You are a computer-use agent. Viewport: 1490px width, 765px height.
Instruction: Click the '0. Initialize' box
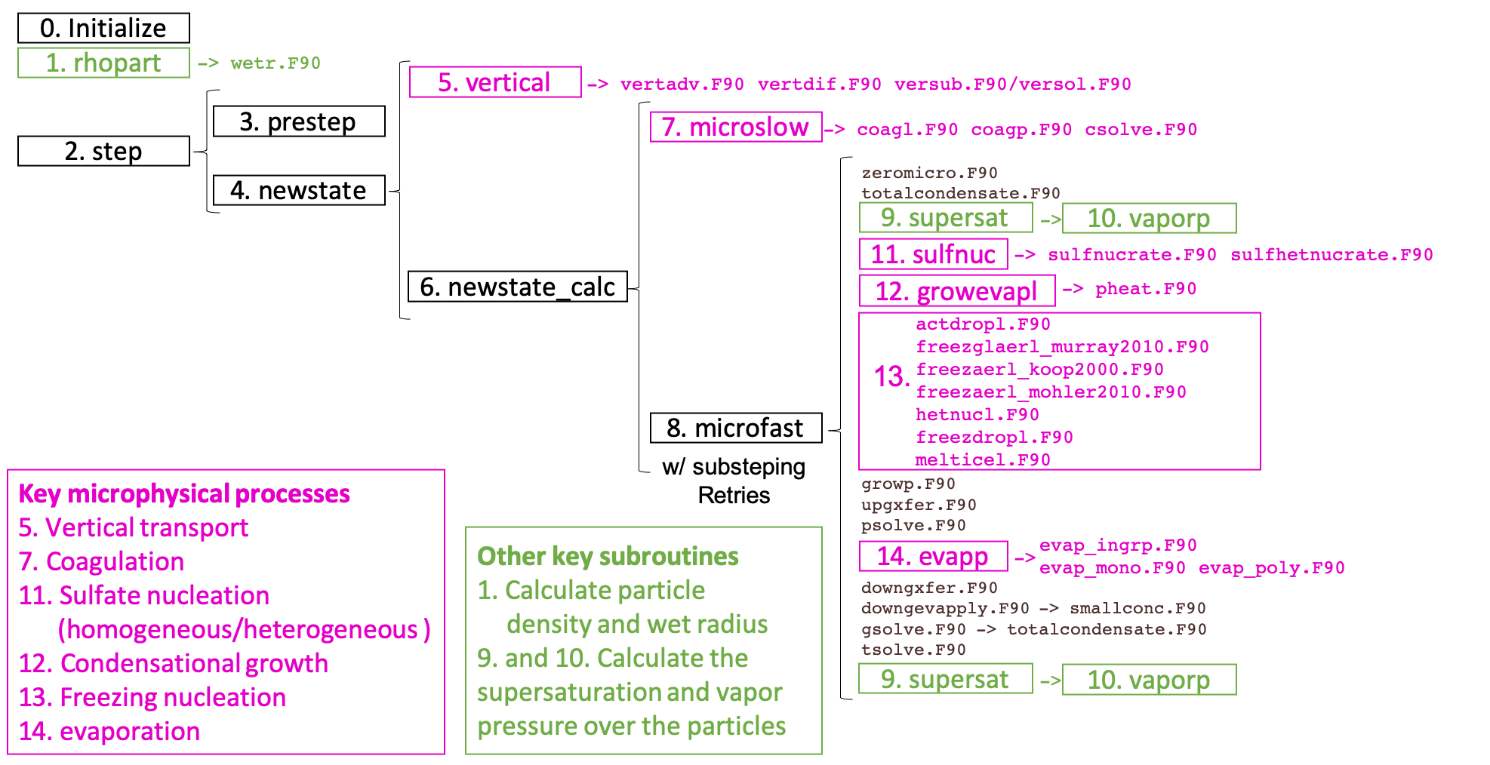coord(103,29)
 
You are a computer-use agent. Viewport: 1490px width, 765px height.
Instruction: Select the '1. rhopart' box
coord(103,63)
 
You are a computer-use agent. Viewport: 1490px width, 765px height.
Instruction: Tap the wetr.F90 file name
coord(276,63)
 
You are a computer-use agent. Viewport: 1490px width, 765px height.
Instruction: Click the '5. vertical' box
coord(494,82)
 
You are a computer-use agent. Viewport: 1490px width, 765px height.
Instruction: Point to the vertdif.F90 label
coord(819,84)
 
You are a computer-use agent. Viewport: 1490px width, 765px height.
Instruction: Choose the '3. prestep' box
coord(298,121)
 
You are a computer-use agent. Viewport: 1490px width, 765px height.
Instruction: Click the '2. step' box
coord(103,151)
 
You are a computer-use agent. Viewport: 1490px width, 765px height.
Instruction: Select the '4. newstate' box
coord(298,190)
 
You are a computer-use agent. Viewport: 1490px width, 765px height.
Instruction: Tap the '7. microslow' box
coord(735,127)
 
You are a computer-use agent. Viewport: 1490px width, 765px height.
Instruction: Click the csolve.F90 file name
coord(1141,130)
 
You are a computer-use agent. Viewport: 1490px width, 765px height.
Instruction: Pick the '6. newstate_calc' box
coord(517,287)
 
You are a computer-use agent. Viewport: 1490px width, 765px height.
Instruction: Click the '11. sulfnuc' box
coord(933,254)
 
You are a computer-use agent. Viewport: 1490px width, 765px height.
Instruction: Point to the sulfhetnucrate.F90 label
coord(1331,255)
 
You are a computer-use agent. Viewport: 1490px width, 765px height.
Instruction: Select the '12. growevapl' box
coord(956,291)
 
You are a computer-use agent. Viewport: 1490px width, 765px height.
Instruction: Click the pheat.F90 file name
coord(1146,289)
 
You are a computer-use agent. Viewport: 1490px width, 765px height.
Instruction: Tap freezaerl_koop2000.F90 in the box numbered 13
coord(1039,370)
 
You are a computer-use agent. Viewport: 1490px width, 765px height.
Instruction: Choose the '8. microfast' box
coord(735,428)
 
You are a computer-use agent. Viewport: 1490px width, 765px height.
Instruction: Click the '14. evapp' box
coord(933,557)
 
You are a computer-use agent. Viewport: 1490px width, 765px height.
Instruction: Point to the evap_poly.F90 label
coord(1271,568)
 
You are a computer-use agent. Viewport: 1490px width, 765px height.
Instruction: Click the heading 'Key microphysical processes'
coord(184,494)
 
